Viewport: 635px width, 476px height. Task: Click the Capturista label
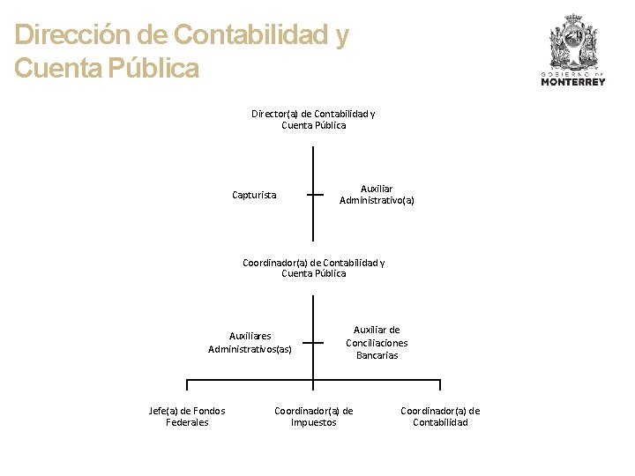coord(253,195)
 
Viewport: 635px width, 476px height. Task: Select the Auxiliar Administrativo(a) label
coord(377,194)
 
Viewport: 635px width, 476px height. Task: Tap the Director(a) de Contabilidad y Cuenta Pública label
coord(313,119)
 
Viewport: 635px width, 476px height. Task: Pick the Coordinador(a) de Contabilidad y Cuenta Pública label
coord(313,268)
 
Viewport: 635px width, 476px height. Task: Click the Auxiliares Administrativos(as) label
coord(250,342)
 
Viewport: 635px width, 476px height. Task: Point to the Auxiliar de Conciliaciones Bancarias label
coord(377,342)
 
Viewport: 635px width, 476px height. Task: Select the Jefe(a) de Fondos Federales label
coord(187,416)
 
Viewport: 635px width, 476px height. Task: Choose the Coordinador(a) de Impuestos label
coord(313,416)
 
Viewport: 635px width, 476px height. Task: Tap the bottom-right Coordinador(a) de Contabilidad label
coord(440,416)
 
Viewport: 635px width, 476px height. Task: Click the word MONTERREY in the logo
coord(573,82)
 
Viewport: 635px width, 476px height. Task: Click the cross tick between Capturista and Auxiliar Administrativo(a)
coord(313,195)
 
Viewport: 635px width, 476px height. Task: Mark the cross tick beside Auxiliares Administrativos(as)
coord(313,343)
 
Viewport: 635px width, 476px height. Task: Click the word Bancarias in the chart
coord(377,355)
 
